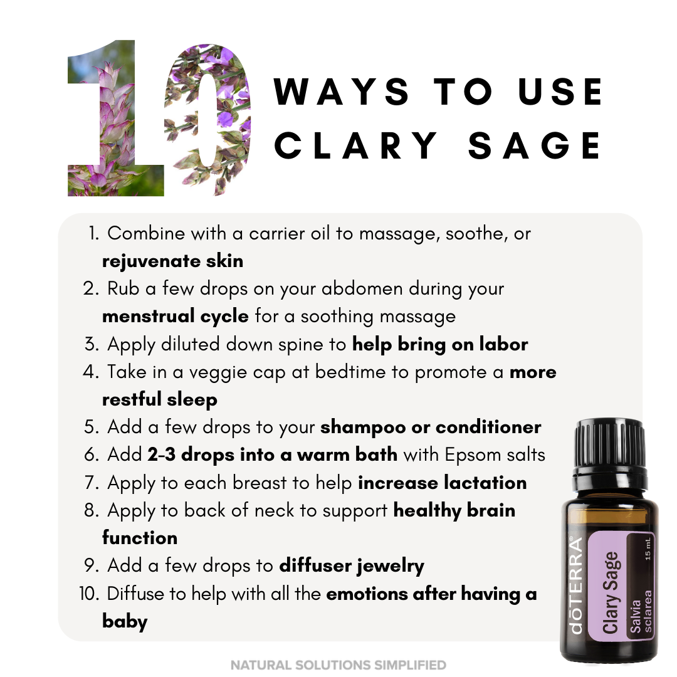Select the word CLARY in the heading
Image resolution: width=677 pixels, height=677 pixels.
tap(356, 145)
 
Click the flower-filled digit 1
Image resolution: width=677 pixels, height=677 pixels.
tap(116, 118)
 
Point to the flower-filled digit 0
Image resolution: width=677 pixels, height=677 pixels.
tap(207, 120)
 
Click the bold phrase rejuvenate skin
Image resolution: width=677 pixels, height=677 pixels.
tap(173, 261)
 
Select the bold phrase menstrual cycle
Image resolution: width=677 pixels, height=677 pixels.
tap(176, 317)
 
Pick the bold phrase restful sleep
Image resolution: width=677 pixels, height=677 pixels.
tap(160, 399)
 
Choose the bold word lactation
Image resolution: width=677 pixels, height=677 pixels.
tap(485, 483)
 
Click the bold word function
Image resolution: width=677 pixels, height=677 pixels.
tap(140, 538)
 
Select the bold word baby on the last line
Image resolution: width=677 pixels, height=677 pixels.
tap(125, 621)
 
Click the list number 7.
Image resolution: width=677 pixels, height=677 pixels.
tap(92, 483)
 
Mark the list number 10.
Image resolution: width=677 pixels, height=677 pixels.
tap(89, 594)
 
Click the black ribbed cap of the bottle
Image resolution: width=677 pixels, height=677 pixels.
tap(611, 444)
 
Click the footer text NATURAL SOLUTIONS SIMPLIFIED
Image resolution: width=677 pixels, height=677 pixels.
tap(338, 665)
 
